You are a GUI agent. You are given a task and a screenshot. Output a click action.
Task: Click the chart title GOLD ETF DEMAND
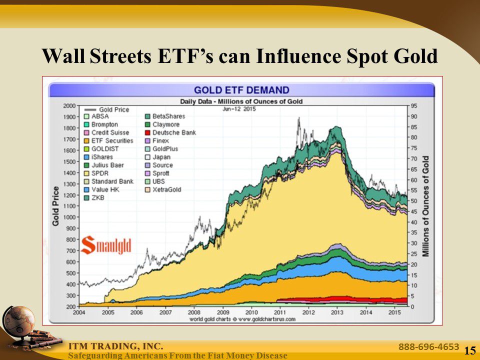point(241,90)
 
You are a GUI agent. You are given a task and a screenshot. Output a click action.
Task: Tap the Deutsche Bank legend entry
point(173,132)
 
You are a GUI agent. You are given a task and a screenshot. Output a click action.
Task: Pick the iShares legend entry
point(102,157)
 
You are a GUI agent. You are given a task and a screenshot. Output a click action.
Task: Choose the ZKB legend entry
point(97,197)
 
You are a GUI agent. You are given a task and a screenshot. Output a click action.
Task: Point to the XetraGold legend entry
point(166,189)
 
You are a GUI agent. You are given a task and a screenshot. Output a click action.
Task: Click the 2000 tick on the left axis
point(69,105)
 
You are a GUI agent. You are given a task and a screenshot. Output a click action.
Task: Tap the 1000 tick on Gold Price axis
point(69,217)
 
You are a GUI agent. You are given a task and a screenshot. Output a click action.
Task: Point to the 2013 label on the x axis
point(336,312)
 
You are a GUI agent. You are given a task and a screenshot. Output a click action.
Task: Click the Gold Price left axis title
point(56,205)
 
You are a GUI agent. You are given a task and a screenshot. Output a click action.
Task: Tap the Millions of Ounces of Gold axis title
point(426,206)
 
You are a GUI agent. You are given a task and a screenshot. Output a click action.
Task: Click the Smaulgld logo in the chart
point(106,244)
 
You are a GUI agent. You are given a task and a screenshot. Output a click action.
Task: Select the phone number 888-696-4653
point(428,346)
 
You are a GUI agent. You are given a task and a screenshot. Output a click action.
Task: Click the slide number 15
point(469,350)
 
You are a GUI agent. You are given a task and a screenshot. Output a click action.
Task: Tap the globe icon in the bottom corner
point(18,321)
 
